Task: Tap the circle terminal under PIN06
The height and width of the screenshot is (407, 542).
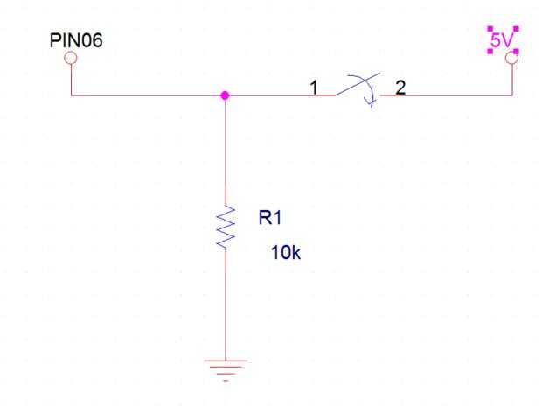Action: click(x=71, y=58)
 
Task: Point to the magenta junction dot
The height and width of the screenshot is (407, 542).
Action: click(x=226, y=95)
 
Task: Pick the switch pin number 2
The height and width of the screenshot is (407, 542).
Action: click(x=400, y=87)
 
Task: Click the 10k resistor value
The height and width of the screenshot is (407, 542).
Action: click(x=285, y=255)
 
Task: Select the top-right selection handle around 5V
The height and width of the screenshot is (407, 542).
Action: click(x=516, y=29)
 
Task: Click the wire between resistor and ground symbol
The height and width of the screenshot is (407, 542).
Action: click(x=226, y=306)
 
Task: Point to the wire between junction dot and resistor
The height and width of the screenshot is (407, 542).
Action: click(x=226, y=149)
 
